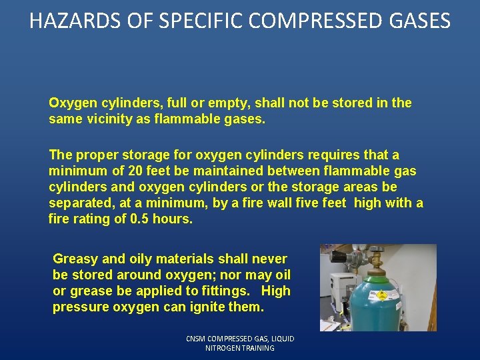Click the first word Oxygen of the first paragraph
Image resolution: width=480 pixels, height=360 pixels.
[73, 103]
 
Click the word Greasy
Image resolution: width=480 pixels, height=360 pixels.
[76, 259]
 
